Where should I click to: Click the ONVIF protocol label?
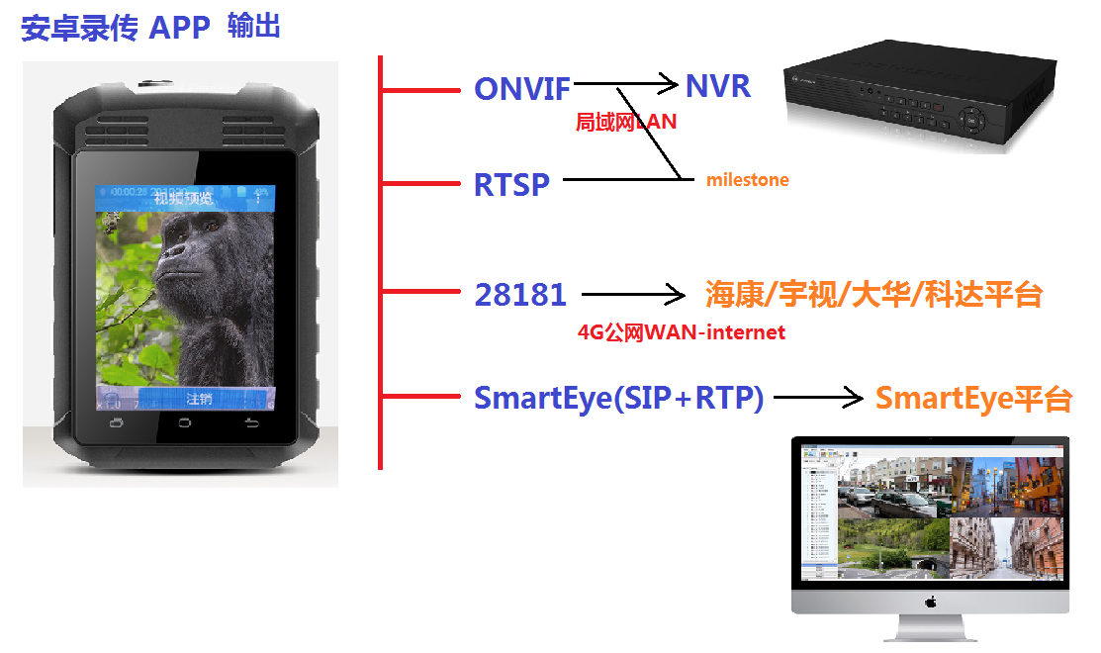pos(521,89)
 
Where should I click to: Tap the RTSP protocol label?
pos(511,184)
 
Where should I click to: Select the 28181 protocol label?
pos(520,294)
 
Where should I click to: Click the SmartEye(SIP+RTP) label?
pos(619,398)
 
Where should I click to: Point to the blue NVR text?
pos(718,85)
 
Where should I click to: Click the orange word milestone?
pos(747,180)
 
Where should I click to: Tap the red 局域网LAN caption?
pos(625,122)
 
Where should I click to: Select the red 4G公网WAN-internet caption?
pos(682,332)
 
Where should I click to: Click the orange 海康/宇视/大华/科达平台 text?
pos(873,294)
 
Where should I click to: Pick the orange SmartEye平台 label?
pos(973,399)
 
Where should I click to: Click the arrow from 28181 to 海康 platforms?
pos(633,295)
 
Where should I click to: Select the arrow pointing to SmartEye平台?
pos(818,399)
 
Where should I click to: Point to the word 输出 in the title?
pos(254,27)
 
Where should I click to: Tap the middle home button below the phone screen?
pos(184,423)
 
